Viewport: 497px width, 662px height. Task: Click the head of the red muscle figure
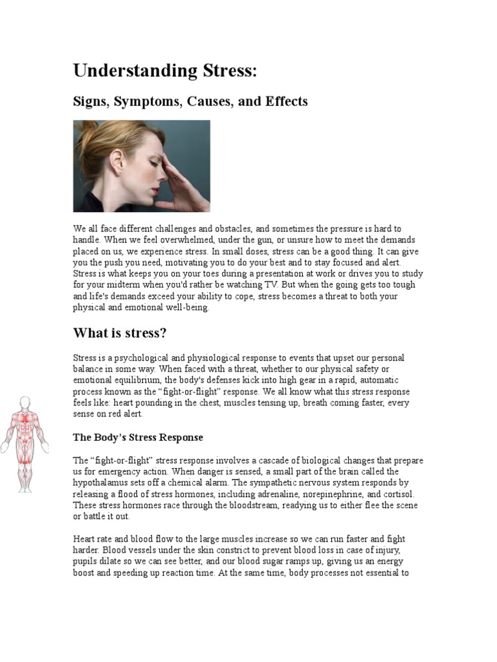pos(25,403)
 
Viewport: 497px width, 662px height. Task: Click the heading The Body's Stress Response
pos(138,438)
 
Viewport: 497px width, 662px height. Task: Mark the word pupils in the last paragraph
pos(87,561)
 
